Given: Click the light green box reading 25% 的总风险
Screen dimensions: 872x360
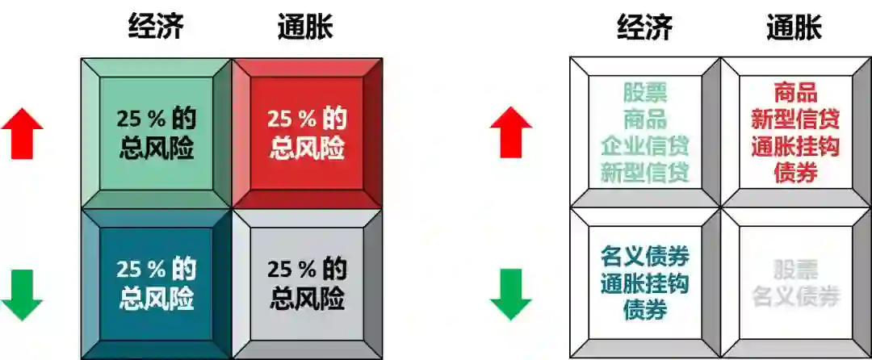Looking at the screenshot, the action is pos(156,133).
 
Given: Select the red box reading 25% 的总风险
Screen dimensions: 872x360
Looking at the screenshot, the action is pos(307,133).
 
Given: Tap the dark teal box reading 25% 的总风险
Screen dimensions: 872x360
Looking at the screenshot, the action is pos(156,284).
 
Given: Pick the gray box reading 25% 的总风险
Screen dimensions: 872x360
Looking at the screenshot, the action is pos(307,284).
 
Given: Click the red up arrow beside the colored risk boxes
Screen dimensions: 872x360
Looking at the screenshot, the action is pos(22,133).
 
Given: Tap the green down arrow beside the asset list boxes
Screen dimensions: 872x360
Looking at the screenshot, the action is pos(511,295).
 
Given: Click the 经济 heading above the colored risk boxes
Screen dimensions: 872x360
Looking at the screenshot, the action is pos(156,27).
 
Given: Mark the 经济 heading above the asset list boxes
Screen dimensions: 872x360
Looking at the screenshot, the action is pos(645,27).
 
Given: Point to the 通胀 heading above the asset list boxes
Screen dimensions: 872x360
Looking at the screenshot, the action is pos(794,27).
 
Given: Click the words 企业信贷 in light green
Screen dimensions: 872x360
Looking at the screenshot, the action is pos(645,146).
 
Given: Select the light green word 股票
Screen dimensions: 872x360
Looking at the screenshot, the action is pos(645,93).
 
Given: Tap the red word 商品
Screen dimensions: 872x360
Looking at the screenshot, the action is pos(795,93).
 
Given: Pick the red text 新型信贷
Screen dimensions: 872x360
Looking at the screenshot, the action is pos(795,119).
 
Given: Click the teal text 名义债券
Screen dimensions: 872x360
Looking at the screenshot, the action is pos(645,257).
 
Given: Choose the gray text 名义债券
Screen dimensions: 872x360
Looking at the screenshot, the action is pos(795,296).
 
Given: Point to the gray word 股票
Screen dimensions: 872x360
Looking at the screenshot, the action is pos(795,270).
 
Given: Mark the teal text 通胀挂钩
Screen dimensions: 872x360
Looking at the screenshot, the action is pos(645,284).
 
